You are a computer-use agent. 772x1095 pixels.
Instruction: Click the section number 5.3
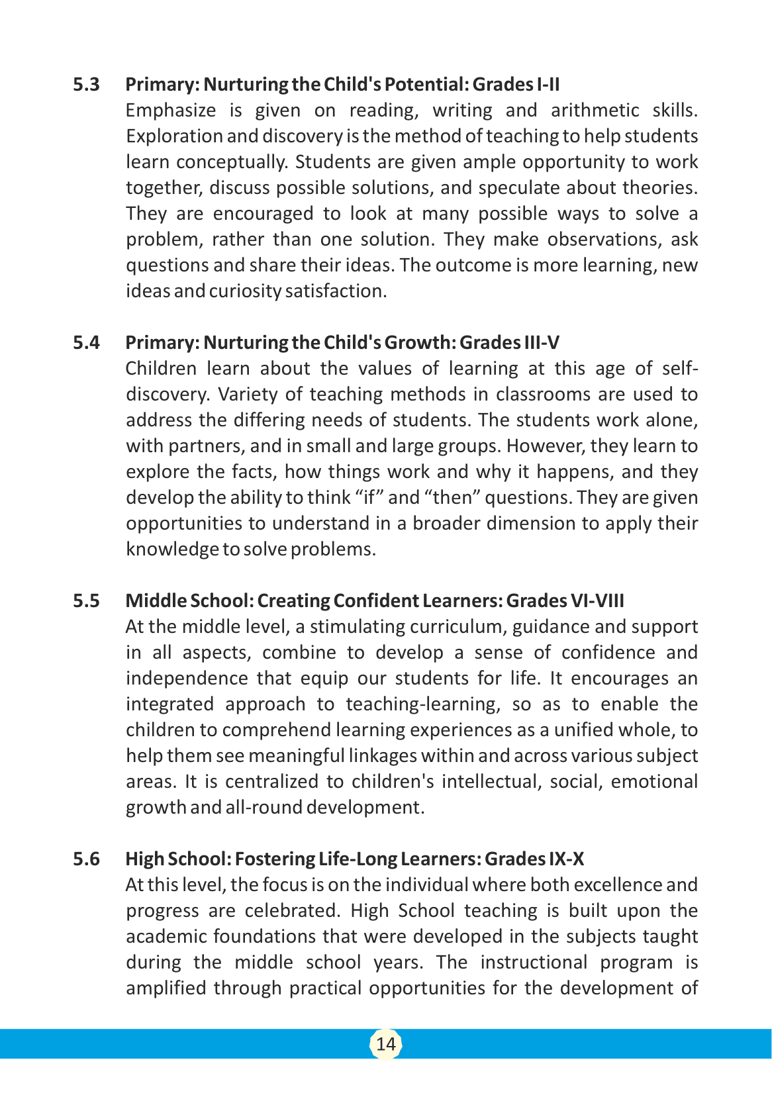coord(86,85)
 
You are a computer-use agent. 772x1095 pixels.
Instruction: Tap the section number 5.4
coord(86,343)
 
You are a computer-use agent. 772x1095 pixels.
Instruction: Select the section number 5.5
coord(86,601)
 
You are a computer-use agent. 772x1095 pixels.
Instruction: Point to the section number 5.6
coord(86,859)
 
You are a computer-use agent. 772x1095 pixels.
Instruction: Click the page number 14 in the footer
coord(385,1044)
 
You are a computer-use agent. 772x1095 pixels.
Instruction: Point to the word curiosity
coord(245,291)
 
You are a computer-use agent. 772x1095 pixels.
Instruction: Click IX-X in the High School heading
coord(566,859)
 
